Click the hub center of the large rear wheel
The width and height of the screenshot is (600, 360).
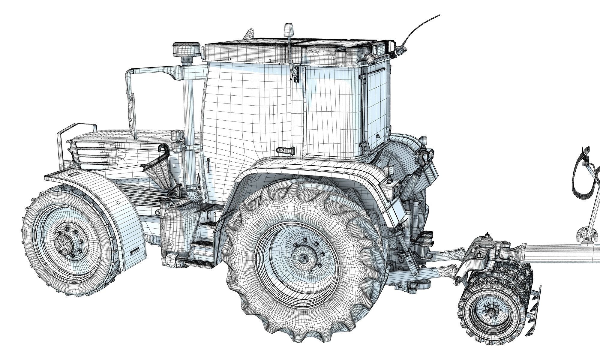click(304, 257)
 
